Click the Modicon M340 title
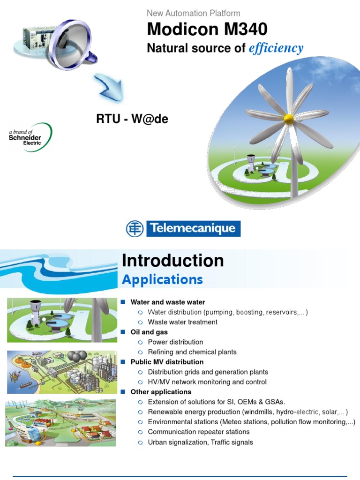[x=207, y=30]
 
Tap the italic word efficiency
[x=276, y=48]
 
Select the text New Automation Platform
[x=193, y=13]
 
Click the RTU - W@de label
[x=132, y=120]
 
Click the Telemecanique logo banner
[x=183, y=229]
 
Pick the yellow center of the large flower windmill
[x=289, y=118]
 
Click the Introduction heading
[x=172, y=261]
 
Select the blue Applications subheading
[x=162, y=280]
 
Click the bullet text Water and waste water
[x=167, y=302]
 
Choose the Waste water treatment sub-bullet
[x=182, y=322]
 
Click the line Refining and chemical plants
[x=192, y=352]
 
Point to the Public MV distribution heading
[x=167, y=362]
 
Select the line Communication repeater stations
[x=199, y=432]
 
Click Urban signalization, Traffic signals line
[x=200, y=442]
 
